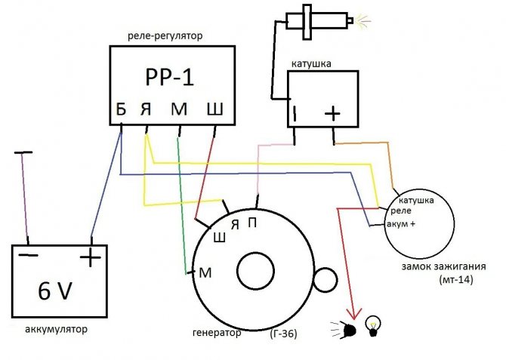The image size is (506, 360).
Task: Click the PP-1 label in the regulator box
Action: (x=171, y=78)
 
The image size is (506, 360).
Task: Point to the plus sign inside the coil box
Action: (x=332, y=113)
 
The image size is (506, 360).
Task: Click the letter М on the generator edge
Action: (x=204, y=272)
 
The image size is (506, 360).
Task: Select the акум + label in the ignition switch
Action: (x=400, y=224)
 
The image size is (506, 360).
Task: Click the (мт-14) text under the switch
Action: (x=455, y=279)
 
